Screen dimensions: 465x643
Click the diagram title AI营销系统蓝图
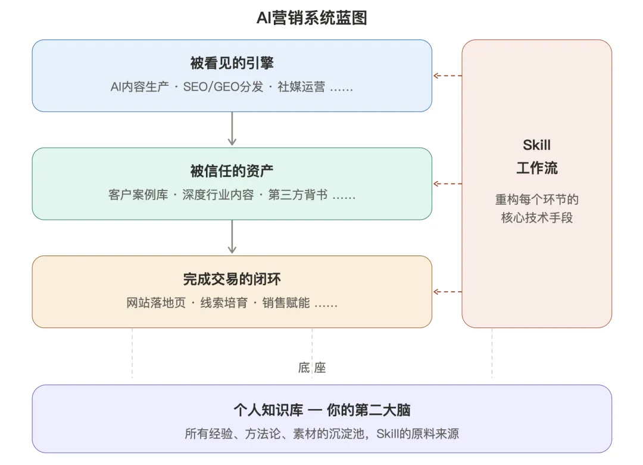click(311, 18)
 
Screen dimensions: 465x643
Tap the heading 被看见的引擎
click(232, 63)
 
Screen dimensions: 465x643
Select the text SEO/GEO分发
click(223, 87)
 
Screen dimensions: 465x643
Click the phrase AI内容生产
click(140, 87)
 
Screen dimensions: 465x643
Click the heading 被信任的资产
click(232, 171)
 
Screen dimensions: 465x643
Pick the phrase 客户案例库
click(138, 195)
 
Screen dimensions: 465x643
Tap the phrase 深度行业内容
click(218, 195)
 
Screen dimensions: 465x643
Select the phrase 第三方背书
click(298, 195)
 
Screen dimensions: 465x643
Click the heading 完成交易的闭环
click(232, 280)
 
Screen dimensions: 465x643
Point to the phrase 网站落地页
click(156, 304)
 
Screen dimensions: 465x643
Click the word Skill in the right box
click(536, 145)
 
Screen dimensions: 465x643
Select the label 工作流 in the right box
click(536, 168)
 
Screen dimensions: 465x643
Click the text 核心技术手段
click(536, 217)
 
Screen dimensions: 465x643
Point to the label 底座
click(312, 368)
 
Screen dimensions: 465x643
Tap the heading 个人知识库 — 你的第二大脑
click(321, 410)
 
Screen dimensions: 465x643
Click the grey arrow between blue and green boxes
click(232, 129)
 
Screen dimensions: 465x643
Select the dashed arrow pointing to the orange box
click(447, 292)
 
